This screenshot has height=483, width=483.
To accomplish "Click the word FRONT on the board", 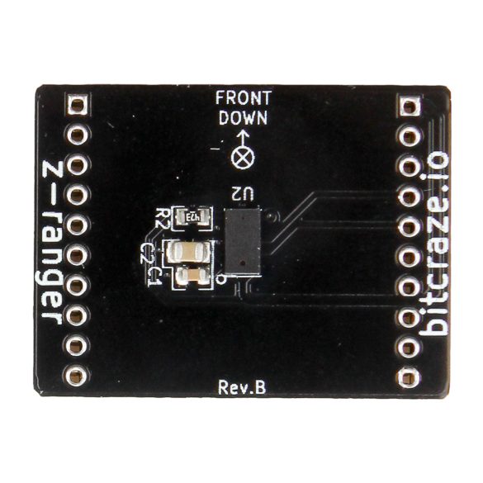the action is pos(243,98).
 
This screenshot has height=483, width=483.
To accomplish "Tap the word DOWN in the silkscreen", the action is pos(243,118).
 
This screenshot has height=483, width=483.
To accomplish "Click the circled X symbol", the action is pos(243,158).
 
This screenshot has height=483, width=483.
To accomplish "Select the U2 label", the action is pos(244,194).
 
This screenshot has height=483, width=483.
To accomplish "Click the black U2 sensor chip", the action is pos(243,241).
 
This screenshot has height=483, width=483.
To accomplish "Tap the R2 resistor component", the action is pos(193,218).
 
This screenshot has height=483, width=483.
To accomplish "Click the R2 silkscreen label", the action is pos(162,218).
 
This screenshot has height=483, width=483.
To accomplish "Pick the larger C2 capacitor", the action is pos(188,252).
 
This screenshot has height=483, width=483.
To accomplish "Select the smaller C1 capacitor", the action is pos(193,276).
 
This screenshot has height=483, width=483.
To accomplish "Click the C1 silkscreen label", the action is pos(155,277).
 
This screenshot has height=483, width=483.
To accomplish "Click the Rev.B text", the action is pos(242,387).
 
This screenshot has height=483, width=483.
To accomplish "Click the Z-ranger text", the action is pos(52,242).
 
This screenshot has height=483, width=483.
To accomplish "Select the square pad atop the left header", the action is pos(77,105).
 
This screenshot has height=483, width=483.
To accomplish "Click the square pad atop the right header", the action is pos(410,107).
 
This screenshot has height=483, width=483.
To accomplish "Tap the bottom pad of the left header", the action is pos(75,376).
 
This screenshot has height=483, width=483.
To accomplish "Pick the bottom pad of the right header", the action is pos(408,377).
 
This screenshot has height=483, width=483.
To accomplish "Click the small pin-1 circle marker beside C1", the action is pos(220,279).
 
